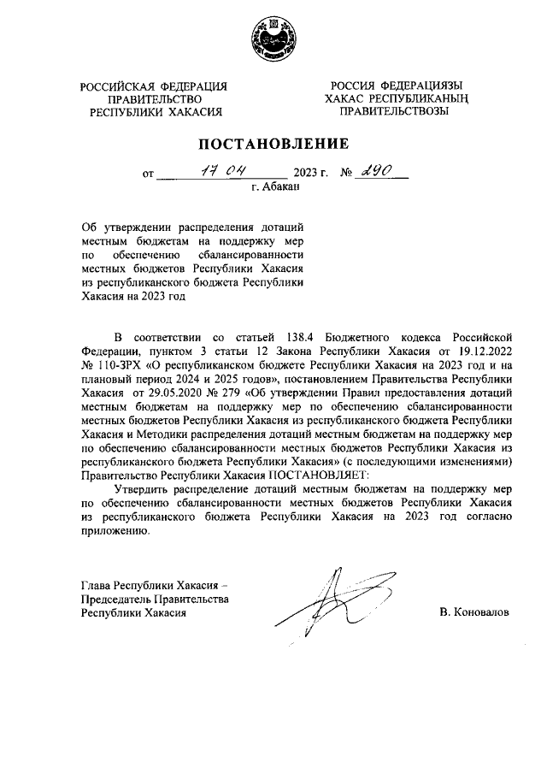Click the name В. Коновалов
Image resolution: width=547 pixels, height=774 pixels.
tap(473, 613)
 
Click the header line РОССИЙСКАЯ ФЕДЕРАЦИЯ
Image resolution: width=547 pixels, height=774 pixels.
tap(155, 86)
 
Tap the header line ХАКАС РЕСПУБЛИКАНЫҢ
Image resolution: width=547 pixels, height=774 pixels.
tap(397, 99)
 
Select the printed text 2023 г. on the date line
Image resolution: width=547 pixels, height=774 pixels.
tap(311, 173)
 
